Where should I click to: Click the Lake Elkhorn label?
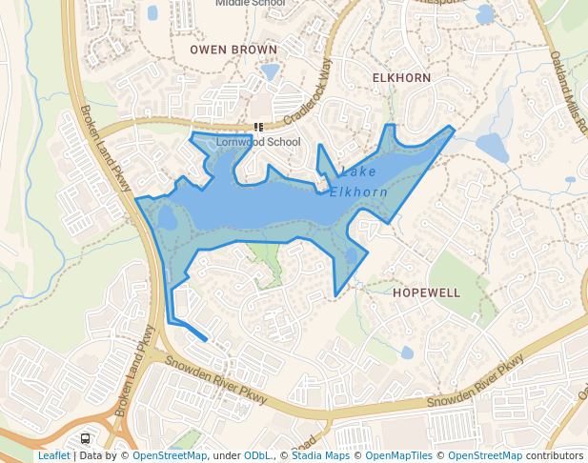click(358, 182)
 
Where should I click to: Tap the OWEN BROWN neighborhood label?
click(233, 50)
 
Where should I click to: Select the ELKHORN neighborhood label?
click(401, 77)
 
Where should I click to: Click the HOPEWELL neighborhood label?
click(426, 292)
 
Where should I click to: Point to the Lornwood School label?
click(258, 142)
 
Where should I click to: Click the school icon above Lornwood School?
click(258, 127)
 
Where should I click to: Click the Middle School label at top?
click(250, 4)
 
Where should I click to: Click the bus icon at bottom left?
click(86, 439)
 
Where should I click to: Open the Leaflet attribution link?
click(53, 455)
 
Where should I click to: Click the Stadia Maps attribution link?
click(320, 455)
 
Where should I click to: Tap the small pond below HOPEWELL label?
click(408, 352)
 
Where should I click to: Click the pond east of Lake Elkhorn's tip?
click(493, 147)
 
